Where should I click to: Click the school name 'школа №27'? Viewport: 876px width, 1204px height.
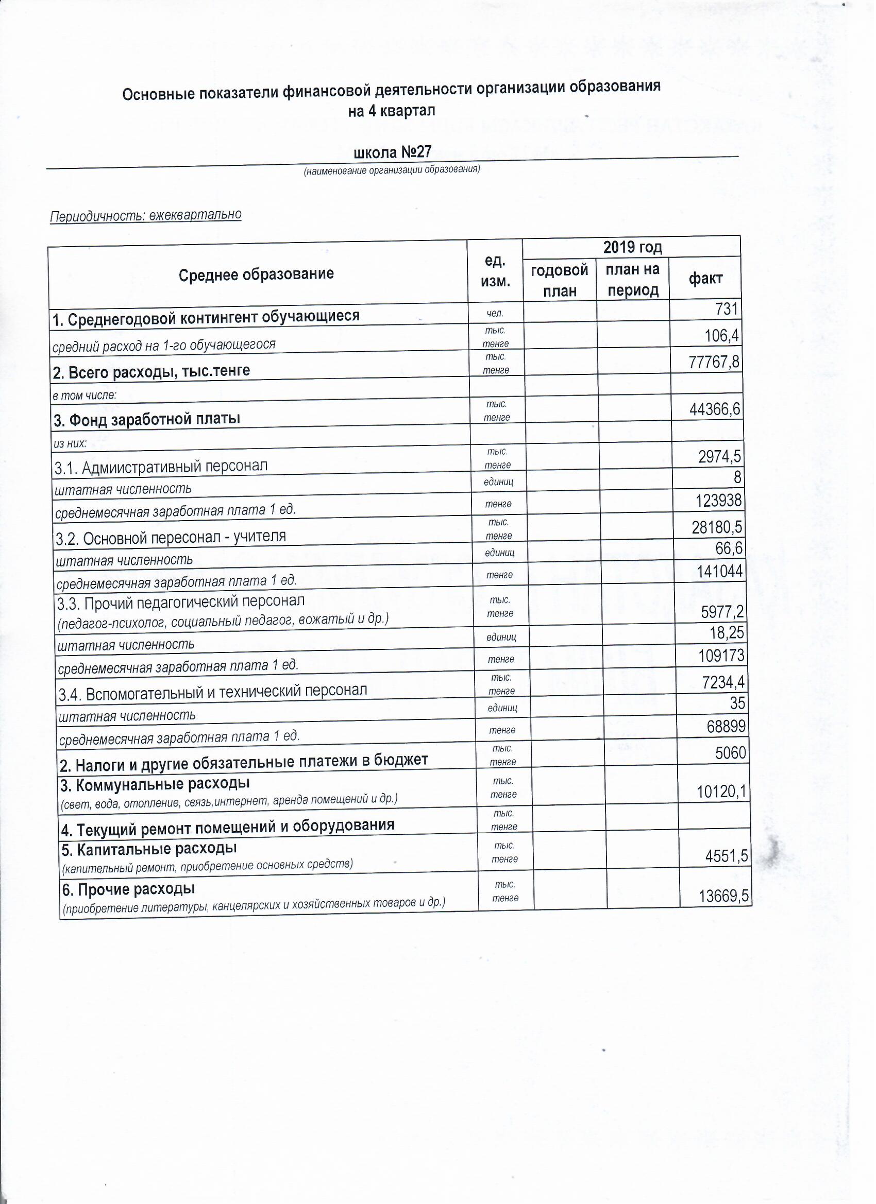click(392, 153)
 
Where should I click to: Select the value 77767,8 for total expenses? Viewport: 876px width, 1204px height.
click(714, 362)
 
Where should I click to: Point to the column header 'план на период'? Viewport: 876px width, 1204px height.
click(633, 280)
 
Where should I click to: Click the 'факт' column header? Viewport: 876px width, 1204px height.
click(705, 279)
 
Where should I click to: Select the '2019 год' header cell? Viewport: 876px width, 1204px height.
click(632, 247)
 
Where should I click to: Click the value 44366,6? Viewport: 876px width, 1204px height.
click(715, 409)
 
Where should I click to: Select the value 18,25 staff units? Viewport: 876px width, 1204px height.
click(727, 633)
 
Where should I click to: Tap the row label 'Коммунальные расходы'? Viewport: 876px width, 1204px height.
click(156, 784)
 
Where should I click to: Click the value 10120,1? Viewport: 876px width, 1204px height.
click(722, 792)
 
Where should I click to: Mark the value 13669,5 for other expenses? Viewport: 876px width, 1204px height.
click(723, 897)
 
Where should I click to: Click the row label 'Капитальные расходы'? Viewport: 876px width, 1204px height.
click(149, 849)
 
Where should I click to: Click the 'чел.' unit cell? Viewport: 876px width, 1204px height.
click(495, 314)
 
